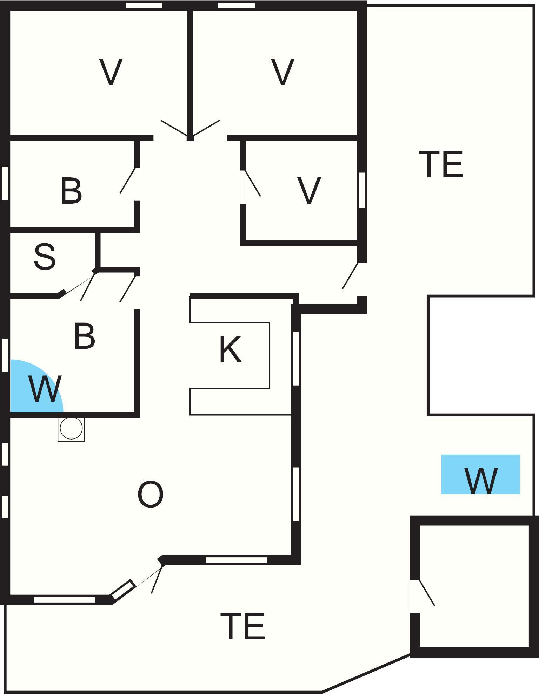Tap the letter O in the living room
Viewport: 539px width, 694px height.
(151, 494)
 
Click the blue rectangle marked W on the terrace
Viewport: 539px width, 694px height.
(480, 474)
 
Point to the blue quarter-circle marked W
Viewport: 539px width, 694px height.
(35, 389)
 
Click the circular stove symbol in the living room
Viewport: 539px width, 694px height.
(71, 428)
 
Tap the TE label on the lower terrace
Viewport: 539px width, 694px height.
(242, 626)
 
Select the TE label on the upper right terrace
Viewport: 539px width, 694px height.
(441, 164)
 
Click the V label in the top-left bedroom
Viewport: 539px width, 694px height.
(111, 72)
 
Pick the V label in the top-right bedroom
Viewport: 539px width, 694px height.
(282, 72)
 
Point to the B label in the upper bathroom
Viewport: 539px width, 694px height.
(71, 191)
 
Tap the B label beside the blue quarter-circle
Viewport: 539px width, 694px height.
(85, 336)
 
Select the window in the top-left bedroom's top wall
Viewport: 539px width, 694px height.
(144, 6)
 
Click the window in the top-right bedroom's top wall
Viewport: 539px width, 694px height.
(236, 6)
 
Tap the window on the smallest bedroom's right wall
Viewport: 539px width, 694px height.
(362, 190)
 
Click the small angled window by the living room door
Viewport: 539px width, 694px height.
(123, 590)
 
